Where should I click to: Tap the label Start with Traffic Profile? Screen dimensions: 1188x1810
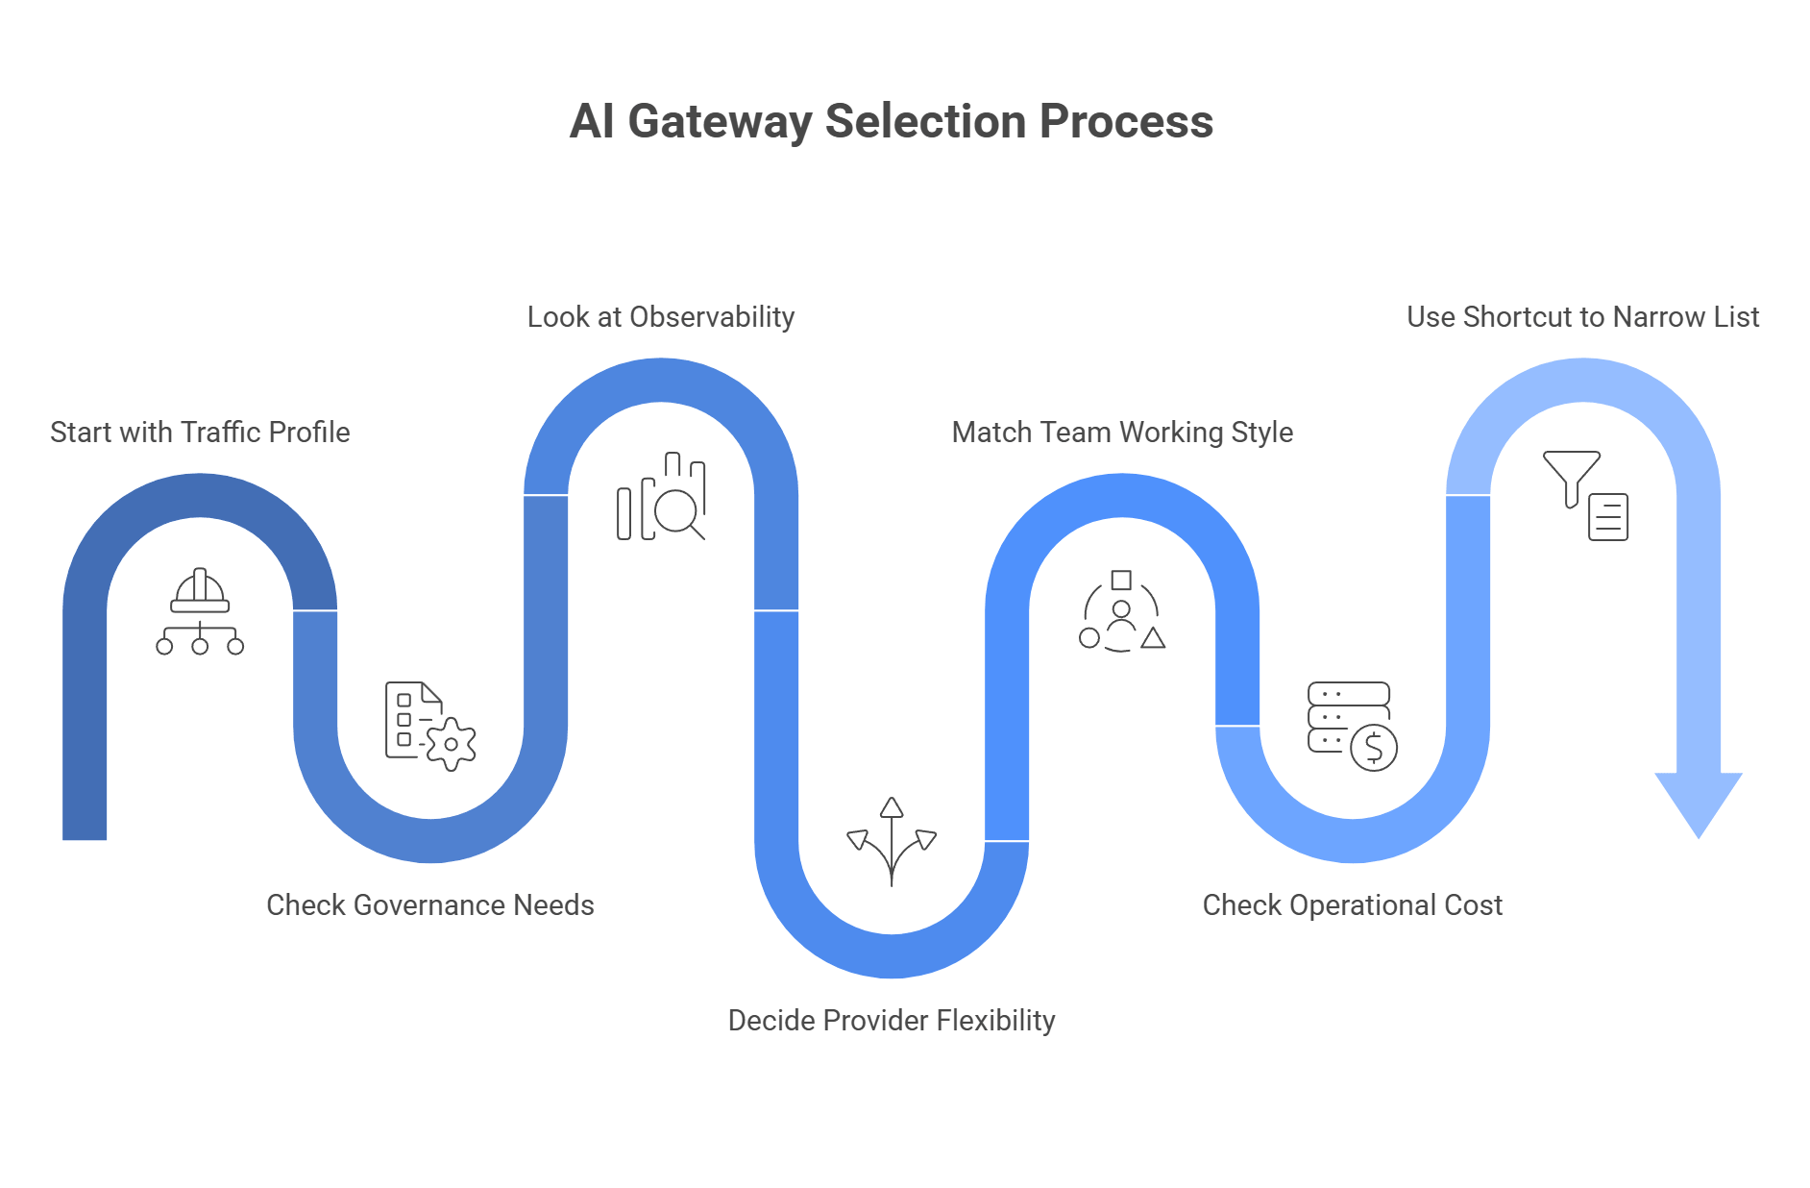coord(200,433)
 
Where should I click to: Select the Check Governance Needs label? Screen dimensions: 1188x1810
coord(429,904)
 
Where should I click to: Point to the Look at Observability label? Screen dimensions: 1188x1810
coord(660,317)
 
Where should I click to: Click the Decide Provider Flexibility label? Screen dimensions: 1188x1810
coord(891,1020)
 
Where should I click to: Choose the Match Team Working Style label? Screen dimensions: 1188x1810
coord(1121,433)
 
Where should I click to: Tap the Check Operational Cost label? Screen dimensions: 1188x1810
coord(1352,904)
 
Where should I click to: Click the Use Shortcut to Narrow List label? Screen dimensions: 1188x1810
coord(1582,317)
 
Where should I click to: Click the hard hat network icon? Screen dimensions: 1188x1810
coord(200,611)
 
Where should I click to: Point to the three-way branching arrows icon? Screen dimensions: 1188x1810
coord(892,841)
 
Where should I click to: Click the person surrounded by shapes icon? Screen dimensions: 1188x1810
coord(1121,611)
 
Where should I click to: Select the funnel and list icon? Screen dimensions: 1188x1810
coord(1585,495)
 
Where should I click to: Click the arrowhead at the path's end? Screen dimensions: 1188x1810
coord(1698,802)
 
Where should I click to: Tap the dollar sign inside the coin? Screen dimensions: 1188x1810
coord(1374,747)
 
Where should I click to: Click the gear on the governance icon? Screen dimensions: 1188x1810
coord(451,744)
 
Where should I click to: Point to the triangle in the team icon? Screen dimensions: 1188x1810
coord(1153,638)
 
